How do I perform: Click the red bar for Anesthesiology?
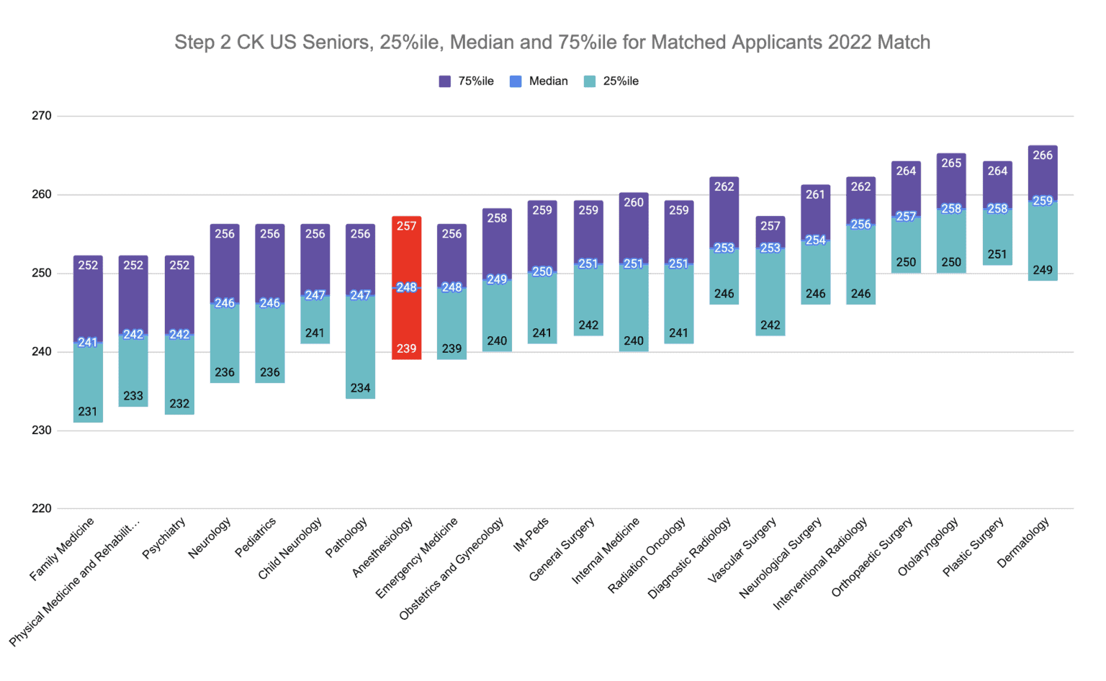pos(406,317)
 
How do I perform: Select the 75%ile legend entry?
pos(467,81)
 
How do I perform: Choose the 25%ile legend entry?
pos(611,81)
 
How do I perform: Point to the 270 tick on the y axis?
pos(42,116)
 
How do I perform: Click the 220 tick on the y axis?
pos(42,508)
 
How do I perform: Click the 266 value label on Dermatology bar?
pos(1043,155)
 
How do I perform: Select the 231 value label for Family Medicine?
pos(88,412)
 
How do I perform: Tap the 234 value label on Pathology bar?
pos(360,388)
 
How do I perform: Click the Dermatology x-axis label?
pos(1024,543)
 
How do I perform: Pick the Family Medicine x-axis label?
pos(63,549)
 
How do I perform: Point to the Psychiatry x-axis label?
pos(165,537)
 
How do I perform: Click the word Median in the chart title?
pos(482,42)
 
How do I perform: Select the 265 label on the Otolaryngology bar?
pos(951,163)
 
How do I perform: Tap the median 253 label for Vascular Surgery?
pos(770,248)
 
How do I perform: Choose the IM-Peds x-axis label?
pos(531,534)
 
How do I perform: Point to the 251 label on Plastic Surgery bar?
pos(997,255)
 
